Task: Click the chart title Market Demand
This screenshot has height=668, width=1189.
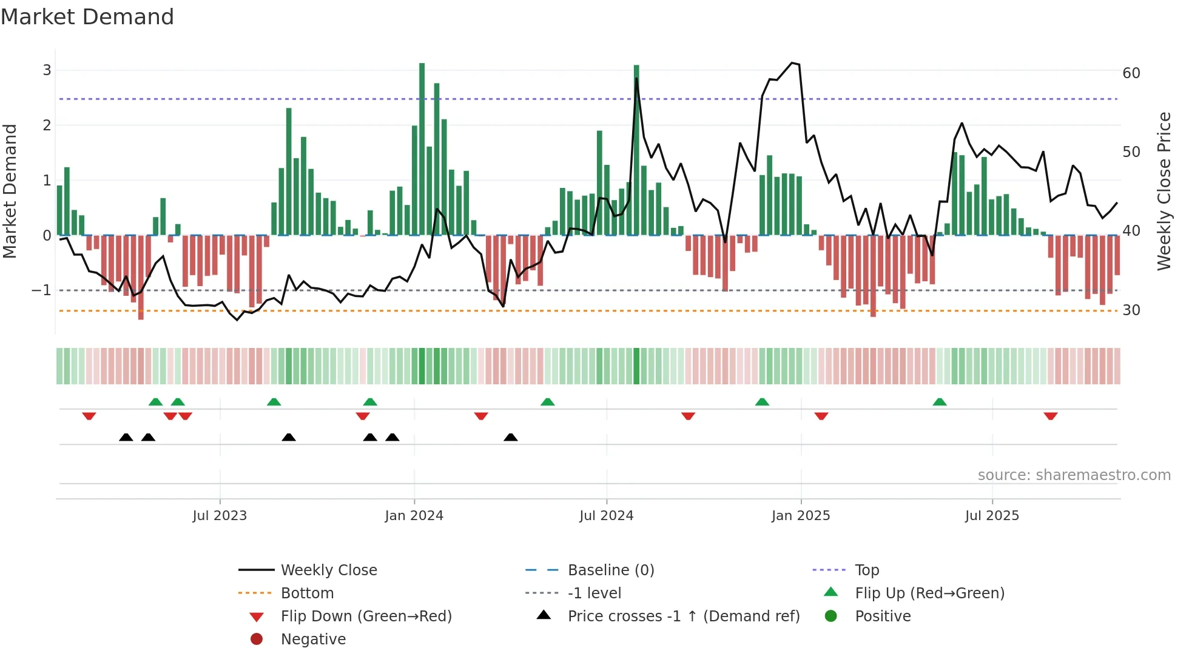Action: tap(87, 17)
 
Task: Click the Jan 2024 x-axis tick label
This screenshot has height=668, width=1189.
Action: tap(414, 516)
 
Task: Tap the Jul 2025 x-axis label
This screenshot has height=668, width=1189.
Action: tap(992, 516)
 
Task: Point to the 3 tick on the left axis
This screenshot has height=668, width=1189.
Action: tap(47, 70)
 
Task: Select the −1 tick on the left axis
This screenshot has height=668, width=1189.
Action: tap(41, 290)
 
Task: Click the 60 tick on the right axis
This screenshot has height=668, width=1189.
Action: tap(1131, 73)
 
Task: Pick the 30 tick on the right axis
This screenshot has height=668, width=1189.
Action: tap(1131, 310)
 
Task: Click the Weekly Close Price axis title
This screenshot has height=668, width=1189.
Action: tap(1164, 191)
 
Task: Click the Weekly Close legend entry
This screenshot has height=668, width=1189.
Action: tap(328, 570)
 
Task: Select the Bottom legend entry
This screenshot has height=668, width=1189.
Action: tap(307, 593)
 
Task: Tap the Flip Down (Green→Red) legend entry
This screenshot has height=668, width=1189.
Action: tap(366, 616)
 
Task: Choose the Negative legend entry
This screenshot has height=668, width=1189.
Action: tap(313, 640)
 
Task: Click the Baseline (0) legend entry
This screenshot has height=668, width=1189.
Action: tap(610, 570)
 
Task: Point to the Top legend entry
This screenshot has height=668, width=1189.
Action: tap(866, 570)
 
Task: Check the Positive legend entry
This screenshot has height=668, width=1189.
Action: tap(883, 616)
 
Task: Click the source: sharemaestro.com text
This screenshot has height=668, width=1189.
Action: tap(1074, 475)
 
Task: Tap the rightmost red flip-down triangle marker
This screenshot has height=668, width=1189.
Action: tap(1051, 416)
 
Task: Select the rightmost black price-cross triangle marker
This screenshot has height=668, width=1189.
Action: tap(511, 437)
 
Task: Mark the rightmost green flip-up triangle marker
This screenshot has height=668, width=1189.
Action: tap(940, 402)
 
